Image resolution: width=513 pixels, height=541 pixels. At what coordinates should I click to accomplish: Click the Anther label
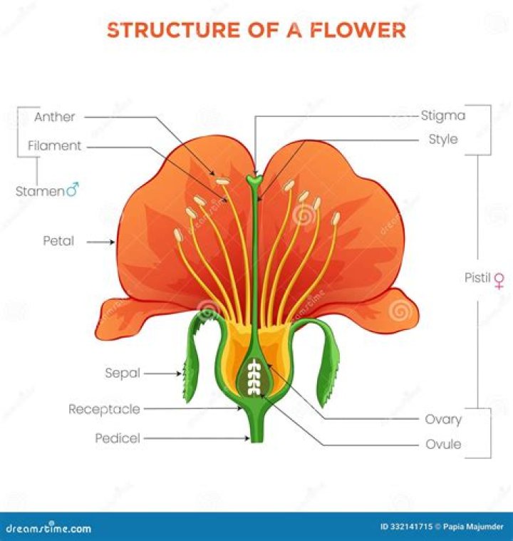tap(54, 117)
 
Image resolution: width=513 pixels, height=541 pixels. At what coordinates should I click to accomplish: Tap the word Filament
tap(55, 146)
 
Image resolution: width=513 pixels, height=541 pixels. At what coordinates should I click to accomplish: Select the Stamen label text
tap(40, 191)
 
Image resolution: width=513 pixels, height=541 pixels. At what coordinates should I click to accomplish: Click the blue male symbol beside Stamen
tap(73, 190)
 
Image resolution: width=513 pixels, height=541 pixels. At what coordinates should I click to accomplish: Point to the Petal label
tap(58, 241)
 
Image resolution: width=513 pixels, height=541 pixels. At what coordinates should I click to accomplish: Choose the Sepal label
tap(123, 373)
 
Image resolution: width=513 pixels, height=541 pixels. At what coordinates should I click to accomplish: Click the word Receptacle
tap(104, 409)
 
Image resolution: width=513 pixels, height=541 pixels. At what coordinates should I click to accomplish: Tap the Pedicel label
tap(118, 438)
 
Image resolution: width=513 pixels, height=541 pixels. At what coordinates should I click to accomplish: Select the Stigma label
tap(442, 115)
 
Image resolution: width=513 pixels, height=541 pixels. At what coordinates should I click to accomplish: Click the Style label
tap(443, 139)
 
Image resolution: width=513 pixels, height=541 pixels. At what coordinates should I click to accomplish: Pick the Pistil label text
tap(477, 278)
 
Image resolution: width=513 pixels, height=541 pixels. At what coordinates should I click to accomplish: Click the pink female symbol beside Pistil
tap(499, 279)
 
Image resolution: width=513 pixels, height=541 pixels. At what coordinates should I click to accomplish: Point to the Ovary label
tap(443, 419)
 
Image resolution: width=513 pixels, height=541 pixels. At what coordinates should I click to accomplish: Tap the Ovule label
tap(443, 444)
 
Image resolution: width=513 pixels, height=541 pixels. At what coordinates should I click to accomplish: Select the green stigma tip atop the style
tap(254, 180)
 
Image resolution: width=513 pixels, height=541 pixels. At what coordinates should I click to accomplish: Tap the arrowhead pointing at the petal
tap(113, 242)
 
